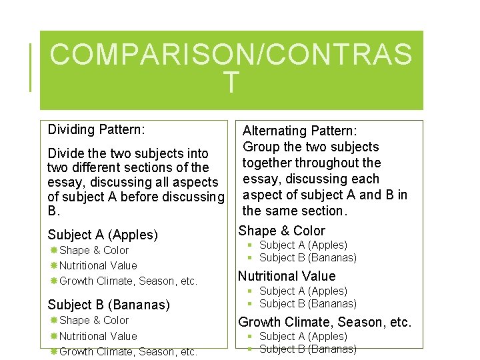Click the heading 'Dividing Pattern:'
coord(96,129)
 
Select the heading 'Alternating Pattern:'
coord(299,131)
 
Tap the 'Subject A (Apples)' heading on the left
coord(103,235)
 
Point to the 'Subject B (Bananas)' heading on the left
coord(109,305)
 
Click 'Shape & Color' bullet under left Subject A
coord(94,251)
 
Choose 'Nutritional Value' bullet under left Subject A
coord(98,265)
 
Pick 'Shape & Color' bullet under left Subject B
coord(94,321)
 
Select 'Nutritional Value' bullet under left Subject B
coord(98,336)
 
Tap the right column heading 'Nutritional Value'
coord(287,276)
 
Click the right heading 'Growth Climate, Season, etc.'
coord(325,323)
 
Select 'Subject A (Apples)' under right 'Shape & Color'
coord(303,245)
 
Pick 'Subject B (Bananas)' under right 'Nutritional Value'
coord(307,304)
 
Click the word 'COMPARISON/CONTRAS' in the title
coord(231,55)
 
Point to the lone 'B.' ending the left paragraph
coord(54,211)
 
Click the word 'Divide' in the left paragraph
coord(66,153)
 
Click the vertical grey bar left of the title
coord(31,67)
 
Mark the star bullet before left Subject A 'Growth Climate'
coord(53,281)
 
